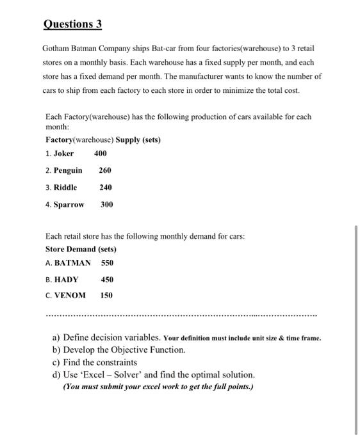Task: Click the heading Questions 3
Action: coord(72,24)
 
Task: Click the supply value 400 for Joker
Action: coord(101,154)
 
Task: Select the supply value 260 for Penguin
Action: coord(105,170)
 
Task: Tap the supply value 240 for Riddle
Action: coord(105,188)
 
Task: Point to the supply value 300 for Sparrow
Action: coord(106,205)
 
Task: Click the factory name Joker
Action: coord(64,154)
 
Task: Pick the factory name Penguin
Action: coord(68,170)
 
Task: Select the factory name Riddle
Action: coord(65,188)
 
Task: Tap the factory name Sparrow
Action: coord(69,205)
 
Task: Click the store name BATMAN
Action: coord(72,262)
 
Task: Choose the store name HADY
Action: coord(66,279)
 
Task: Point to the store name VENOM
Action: coord(70,295)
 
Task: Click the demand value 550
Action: coord(107,262)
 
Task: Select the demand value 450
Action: coord(107,279)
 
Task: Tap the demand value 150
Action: coord(106,295)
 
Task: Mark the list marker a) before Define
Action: coord(56,337)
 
